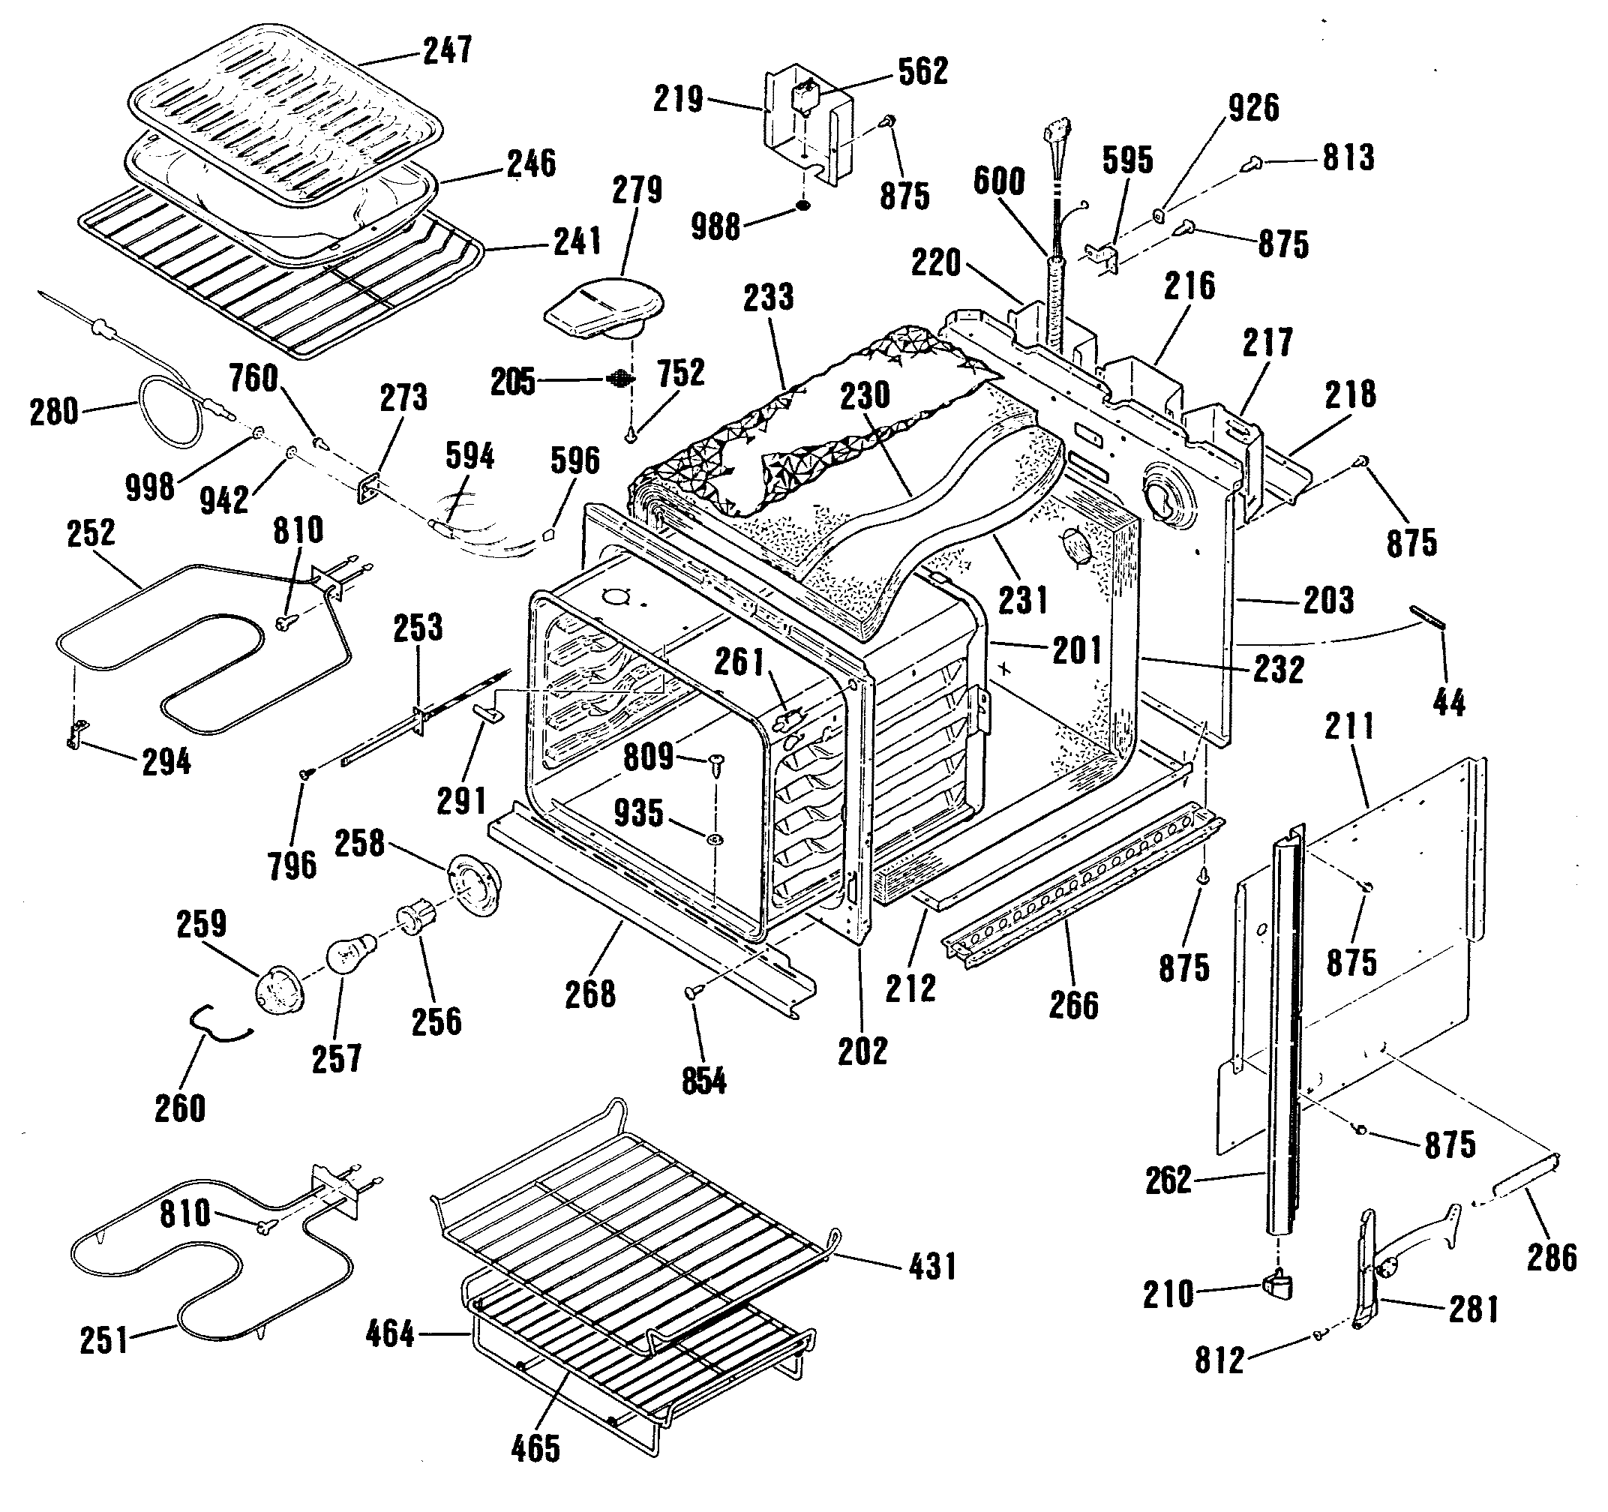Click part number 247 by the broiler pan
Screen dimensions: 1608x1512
pyautogui.click(x=448, y=50)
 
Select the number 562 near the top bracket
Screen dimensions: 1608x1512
pyautogui.click(x=923, y=71)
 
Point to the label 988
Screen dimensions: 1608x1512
pyautogui.click(x=715, y=227)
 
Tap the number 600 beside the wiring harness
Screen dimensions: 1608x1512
pyautogui.click(x=999, y=181)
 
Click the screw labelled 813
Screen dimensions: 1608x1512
pyautogui.click(x=1251, y=164)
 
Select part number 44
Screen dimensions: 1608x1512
pyautogui.click(x=1449, y=703)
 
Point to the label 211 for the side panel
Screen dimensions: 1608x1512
pyautogui.click(x=1349, y=726)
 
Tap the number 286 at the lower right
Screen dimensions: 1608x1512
pyautogui.click(x=1552, y=1257)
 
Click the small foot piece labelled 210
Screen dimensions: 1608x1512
pyautogui.click(x=1277, y=1285)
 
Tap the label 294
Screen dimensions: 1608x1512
pyautogui.click(x=166, y=762)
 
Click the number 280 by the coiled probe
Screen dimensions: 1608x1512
pyautogui.click(x=54, y=412)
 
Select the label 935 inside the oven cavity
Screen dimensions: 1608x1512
pyautogui.click(x=638, y=813)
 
